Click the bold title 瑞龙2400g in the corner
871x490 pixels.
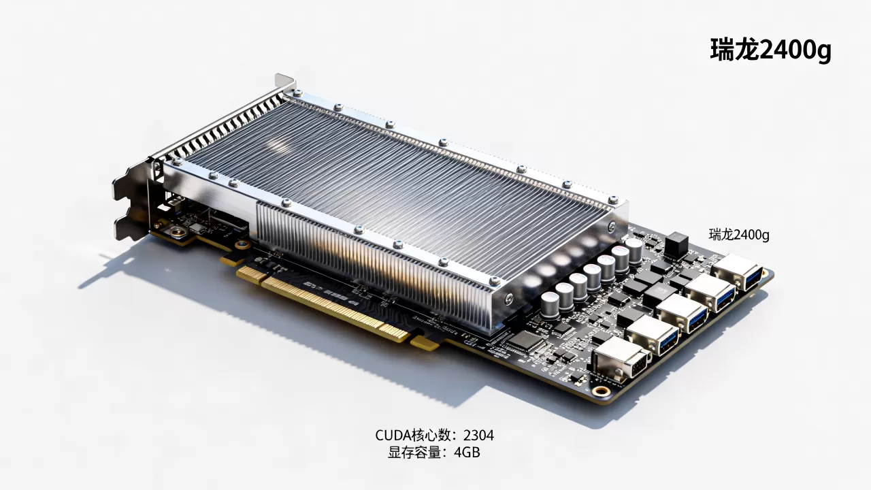pyautogui.click(x=771, y=50)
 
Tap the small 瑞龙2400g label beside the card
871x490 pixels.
pyautogui.click(x=739, y=235)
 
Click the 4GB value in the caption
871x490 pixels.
pyautogui.click(x=467, y=453)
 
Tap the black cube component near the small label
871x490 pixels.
pyautogui.click(x=676, y=244)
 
